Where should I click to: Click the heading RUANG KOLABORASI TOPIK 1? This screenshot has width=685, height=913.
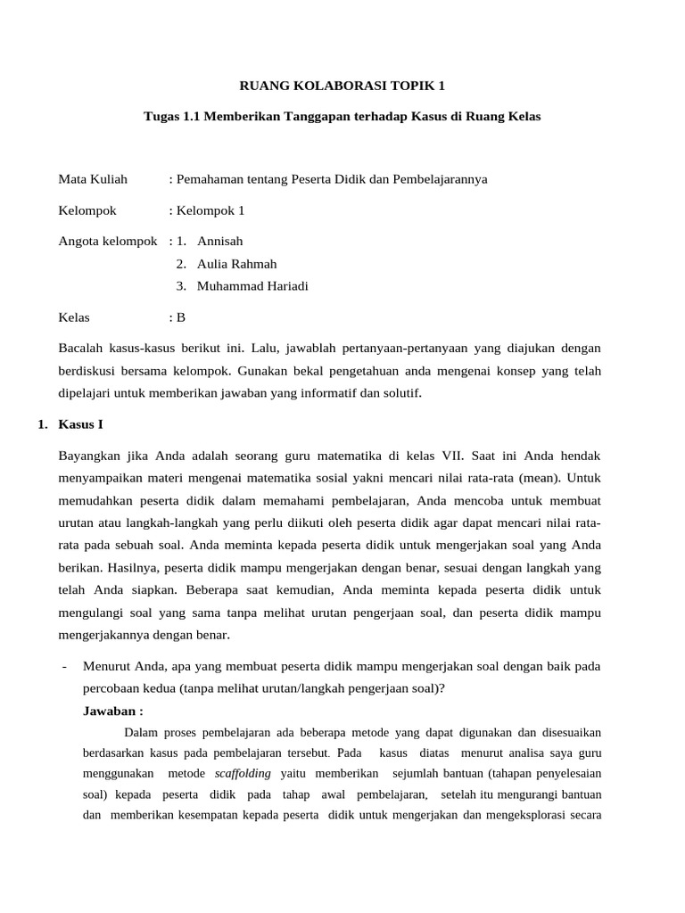coord(342,86)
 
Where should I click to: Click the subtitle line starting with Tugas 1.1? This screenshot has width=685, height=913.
coord(342,117)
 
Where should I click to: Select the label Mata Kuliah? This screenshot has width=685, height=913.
coord(93,179)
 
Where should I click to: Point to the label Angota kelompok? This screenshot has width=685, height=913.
coord(108,241)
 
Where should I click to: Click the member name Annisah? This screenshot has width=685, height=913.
coord(220,241)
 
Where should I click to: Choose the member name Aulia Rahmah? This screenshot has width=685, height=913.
coord(237,264)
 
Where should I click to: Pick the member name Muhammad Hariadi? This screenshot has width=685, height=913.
coord(253,286)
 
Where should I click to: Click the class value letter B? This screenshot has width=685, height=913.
coord(181,317)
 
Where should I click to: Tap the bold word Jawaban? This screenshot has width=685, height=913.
coord(112,711)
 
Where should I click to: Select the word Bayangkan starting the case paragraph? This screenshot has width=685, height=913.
coord(92,454)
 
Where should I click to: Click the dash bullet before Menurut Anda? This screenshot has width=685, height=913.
coord(65,665)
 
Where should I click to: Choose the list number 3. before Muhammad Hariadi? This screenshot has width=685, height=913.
coord(181,286)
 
